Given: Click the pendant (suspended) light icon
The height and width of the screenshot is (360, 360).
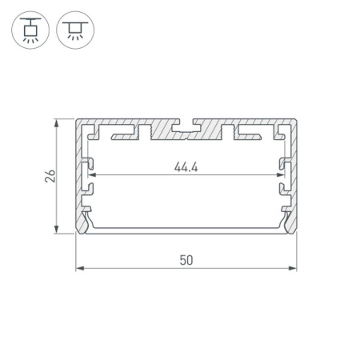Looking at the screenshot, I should pyautogui.click(x=29, y=29).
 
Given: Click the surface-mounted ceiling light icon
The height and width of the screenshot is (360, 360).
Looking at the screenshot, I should pyautogui.click(x=74, y=29).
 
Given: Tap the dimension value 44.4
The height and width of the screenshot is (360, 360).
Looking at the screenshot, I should pyautogui.click(x=186, y=167).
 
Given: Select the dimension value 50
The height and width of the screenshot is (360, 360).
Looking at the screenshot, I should pyautogui.click(x=186, y=261).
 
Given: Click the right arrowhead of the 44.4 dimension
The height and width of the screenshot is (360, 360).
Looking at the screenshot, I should pyautogui.click(x=281, y=175).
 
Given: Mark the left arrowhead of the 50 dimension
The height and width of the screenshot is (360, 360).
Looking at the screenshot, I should pyautogui.click(x=79, y=269).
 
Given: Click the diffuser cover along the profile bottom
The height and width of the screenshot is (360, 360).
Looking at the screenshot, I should pyautogui.click(x=186, y=233).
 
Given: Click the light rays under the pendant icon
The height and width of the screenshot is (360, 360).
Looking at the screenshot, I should pyautogui.click(x=29, y=38).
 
